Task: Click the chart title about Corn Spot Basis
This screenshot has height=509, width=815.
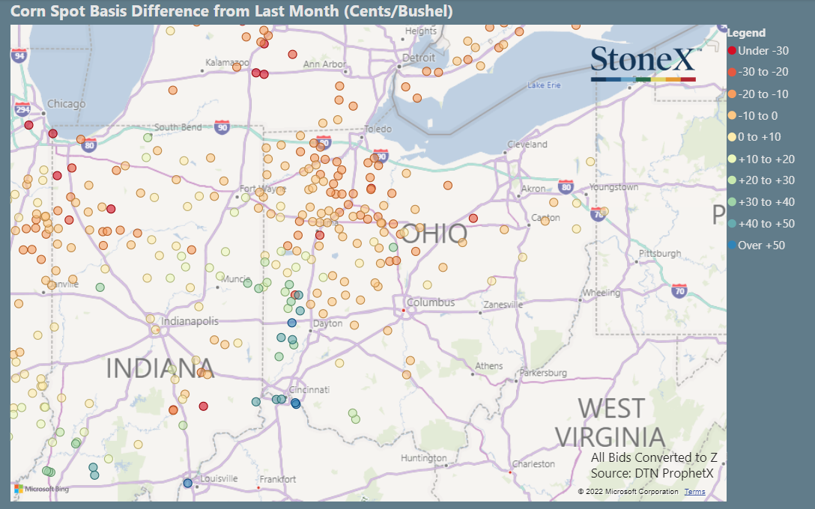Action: (x=231, y=12)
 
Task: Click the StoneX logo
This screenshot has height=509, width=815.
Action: (x=643, y=63)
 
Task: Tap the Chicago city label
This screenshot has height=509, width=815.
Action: (x=66, y=104)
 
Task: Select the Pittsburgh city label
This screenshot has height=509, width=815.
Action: (x=659, y=254)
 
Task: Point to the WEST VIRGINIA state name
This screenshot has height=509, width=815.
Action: (x=610, y=423)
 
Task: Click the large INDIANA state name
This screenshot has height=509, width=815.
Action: (x=160, y=368)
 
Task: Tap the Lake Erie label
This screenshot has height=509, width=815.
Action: (x=544, y=85)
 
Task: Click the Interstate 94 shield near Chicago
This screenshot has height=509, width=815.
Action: (x=19, y=55)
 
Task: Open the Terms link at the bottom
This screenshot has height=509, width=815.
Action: (x=694, y=492)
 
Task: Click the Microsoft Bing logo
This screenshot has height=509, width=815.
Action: (x=41, y=490)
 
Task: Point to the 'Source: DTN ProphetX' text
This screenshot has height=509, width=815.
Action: (x=652, y=473)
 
